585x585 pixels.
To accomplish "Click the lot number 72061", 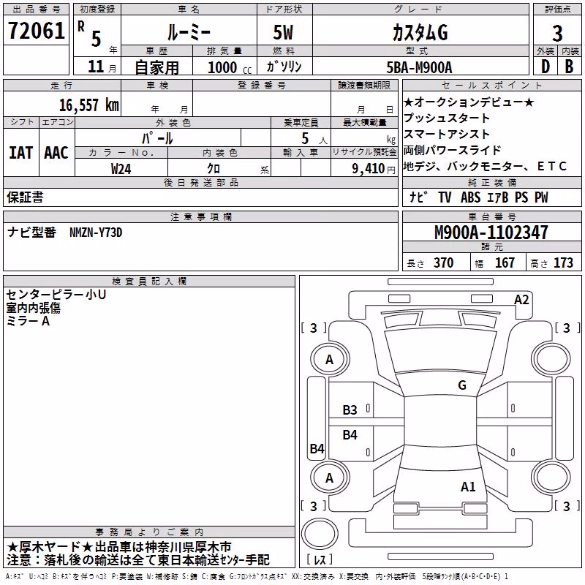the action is coord(36,31).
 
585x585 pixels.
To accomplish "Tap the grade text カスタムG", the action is coord(420,33).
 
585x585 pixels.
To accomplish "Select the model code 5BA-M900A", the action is coord(419,67).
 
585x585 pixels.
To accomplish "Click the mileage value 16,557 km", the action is coord(89,105).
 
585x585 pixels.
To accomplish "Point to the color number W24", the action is coord(121,169).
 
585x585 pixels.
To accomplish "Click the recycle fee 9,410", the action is coord(369,169).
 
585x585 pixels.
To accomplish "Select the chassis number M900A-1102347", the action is coord(491,233).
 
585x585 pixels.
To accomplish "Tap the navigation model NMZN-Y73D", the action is coord(96,233).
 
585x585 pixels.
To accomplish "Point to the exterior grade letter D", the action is coord(546,67).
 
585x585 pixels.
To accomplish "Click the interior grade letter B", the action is coord(570,67).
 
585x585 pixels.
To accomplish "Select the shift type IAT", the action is coord(21,153).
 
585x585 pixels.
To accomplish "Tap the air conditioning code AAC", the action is coord(56,153).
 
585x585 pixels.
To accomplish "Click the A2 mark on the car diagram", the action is coord(521,300).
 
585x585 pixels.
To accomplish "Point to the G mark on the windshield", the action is coord(462,385).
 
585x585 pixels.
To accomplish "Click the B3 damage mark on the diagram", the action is coord(350,410).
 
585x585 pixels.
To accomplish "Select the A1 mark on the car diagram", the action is coord(468,486).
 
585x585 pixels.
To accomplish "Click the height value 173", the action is coord(563,263).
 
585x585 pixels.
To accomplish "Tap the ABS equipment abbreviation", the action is coord(470,197).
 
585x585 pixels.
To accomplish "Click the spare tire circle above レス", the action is coord(320,533).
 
